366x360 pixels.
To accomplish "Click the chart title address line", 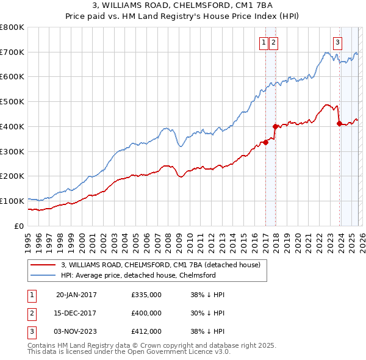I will point(183,5).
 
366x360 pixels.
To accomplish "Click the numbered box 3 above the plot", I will point(337,42).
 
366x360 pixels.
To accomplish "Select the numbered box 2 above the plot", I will point(273,42).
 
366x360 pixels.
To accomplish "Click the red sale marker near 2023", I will point(339,123).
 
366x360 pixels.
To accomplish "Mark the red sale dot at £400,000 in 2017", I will point(275,126).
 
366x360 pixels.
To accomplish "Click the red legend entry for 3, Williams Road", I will point(160,265).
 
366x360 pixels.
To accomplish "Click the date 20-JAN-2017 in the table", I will point(76,295).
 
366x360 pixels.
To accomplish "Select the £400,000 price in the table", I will point(146,313).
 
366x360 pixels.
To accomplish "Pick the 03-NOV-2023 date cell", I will point(76,331).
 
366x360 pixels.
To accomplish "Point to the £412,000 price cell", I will point(146,331).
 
